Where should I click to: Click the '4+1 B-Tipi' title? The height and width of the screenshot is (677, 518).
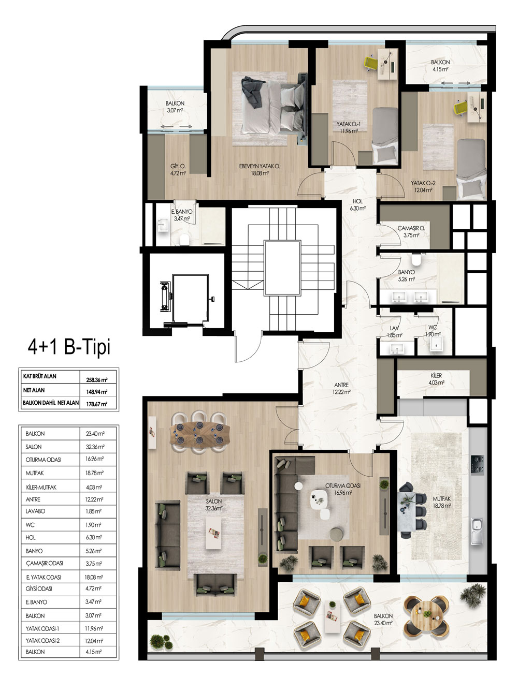[x=69, y=347]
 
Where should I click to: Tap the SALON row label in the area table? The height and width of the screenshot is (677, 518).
[x=34, y=447]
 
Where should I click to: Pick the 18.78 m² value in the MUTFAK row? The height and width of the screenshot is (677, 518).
[x=94, y=473]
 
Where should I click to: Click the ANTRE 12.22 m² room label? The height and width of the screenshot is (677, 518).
[x=341, y=389]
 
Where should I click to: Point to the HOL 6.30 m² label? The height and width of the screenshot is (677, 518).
[x=358, y=205]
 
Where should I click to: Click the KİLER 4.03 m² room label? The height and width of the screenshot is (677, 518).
[x=436, y=379]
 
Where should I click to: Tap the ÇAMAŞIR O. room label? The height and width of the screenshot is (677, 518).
[x=411, y=228]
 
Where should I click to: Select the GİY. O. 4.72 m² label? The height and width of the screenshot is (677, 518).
[x=178, y=170]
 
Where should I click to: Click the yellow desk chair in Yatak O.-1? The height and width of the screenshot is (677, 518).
[x=371, y=63]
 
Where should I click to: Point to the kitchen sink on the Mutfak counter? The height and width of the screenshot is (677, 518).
[x=477, y=531]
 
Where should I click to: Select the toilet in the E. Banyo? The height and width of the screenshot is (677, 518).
[x=184, y=240]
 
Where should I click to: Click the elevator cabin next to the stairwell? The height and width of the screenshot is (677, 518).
[x=190, y=299]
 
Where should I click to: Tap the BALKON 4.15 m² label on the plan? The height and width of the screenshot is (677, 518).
[x=440, y=66]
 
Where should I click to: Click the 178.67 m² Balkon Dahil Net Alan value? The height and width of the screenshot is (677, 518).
[x=97, y=404]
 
